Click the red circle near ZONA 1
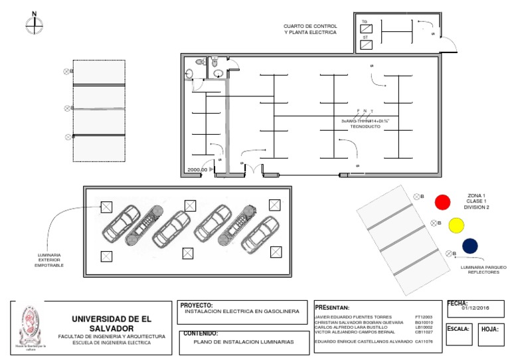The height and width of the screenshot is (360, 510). click(442, 201)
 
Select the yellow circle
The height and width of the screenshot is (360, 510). click(456, 225)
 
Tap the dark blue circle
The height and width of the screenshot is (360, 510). click(469, 246)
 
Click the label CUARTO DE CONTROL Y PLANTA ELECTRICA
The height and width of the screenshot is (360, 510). click(310, 29)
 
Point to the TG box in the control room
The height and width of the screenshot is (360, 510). click(366, 27)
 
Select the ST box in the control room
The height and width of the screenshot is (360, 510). click(366, 44)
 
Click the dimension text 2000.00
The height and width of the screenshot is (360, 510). click(197, 170)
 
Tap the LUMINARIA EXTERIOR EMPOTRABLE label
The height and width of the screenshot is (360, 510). click(49, 260)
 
